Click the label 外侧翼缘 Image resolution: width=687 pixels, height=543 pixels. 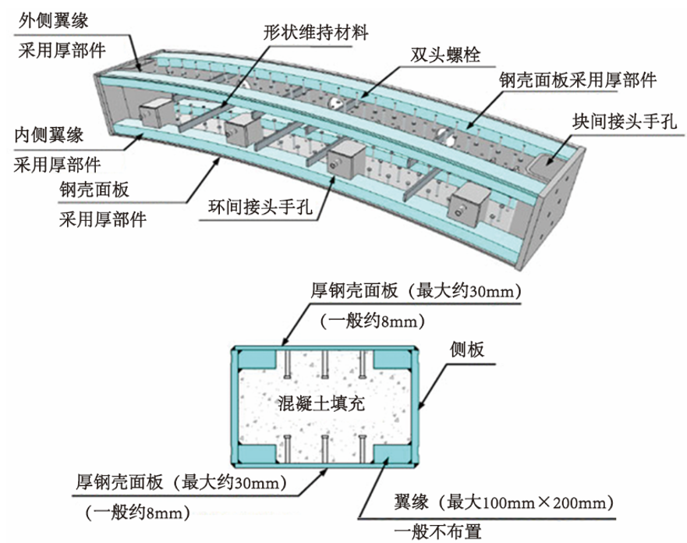[54, 20]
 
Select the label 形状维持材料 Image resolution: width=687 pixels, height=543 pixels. [316, 33]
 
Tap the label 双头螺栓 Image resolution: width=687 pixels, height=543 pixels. [445, 55]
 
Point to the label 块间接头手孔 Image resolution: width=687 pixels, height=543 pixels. [625, 121]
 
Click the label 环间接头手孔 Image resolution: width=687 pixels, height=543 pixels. [260, 207]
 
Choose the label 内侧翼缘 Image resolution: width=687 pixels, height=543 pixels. [48, 134]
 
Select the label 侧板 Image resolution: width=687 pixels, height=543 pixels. [466, 350]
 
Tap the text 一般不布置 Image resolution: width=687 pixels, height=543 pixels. [437, 531]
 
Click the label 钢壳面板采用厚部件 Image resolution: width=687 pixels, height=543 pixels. [578, 80]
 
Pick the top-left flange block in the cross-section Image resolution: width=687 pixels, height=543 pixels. [257, 360]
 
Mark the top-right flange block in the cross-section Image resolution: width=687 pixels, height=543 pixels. [392, 360]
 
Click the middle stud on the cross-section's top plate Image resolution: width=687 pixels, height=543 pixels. [324, 364]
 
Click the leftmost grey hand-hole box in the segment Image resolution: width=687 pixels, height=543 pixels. [156, 112]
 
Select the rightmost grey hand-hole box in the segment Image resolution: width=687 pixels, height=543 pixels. [470, 204]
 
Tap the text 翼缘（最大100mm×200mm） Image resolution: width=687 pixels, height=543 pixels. [503, 502]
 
